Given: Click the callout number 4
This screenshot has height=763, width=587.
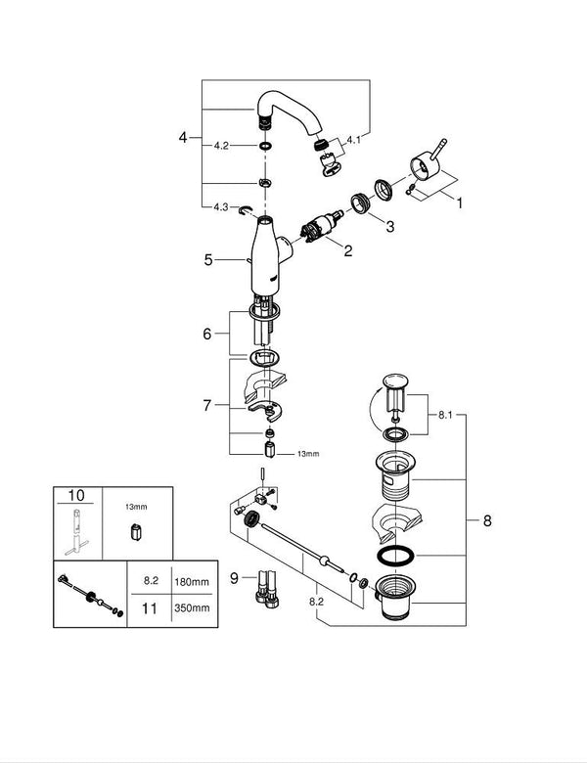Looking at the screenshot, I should (182, 138).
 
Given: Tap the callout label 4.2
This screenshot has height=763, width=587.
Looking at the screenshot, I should (221, 145).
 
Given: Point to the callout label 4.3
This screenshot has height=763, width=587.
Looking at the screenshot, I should (222, 206).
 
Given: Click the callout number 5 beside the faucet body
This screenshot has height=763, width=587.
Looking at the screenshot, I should (207, 260).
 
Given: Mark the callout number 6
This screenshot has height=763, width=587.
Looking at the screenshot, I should (206, 334).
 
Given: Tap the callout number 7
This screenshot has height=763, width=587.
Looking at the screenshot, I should (206, 404).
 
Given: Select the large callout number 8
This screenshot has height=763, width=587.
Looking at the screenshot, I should (486, 520).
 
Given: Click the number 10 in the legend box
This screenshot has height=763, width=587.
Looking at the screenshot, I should (74, 497).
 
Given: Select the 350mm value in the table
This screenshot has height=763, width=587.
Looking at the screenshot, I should (193, 607).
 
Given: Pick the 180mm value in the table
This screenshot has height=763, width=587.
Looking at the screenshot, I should (193, 581).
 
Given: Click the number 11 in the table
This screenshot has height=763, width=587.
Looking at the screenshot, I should (150, 607).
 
